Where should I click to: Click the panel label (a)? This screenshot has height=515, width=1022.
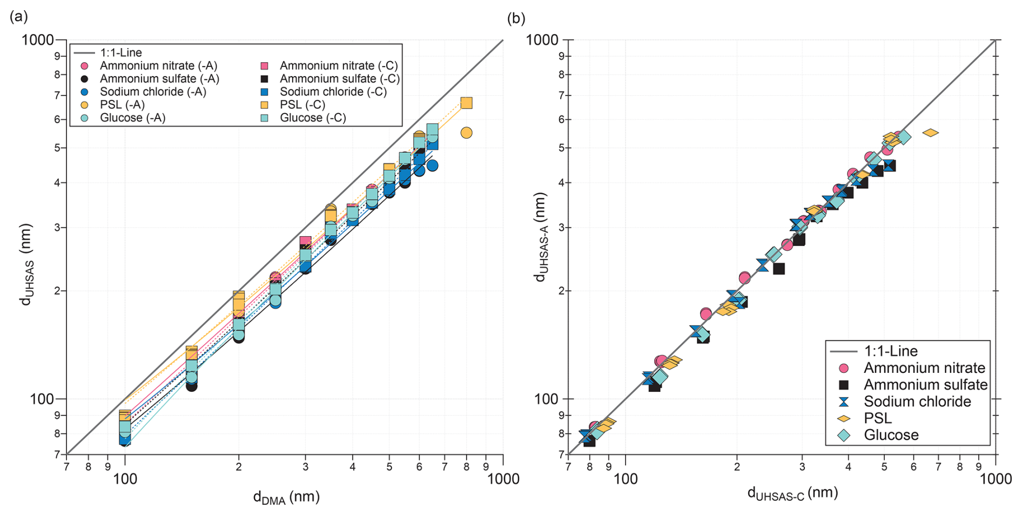click(18, 17)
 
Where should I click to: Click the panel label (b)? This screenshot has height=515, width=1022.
click(516, 18)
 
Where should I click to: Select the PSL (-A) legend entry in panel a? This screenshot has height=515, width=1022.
click(122, 105)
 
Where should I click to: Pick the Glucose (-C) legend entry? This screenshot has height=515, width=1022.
click(312, 118)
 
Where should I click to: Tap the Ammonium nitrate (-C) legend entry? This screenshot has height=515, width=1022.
click(338, 66)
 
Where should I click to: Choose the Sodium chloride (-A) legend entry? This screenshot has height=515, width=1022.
click(153, 92)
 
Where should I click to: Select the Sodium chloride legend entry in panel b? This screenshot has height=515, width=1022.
click(917, 402)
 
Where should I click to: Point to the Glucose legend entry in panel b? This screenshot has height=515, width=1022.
click(891, 435)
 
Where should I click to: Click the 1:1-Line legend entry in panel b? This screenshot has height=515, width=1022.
click(891, 351)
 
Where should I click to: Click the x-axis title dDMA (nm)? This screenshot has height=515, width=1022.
click(286, 498)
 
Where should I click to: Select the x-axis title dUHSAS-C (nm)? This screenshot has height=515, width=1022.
click(792, 493)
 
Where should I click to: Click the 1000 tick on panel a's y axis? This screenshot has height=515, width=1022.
click(38, 40)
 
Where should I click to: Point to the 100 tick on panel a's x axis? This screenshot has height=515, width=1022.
click(125, 479)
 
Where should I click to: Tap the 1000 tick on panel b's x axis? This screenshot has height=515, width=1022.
click(996, 479)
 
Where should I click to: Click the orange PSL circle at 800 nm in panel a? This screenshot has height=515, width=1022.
click(466, 133)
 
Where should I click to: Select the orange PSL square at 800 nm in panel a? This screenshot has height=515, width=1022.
click(466, 103)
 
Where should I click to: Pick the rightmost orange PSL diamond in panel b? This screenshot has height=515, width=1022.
click(930, 132)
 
